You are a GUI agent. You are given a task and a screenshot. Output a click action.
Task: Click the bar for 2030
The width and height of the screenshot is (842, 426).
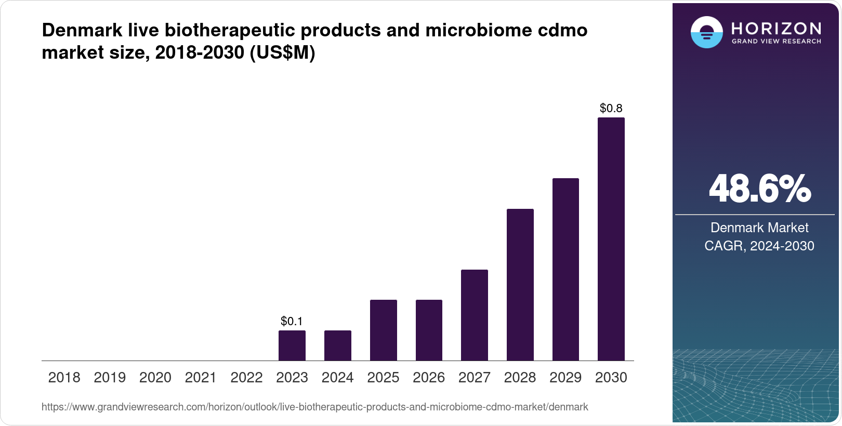(611, 239)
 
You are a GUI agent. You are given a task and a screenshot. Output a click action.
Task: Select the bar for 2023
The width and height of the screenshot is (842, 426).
(292, 345)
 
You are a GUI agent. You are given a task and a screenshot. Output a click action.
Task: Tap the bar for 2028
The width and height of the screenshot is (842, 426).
(520, 285)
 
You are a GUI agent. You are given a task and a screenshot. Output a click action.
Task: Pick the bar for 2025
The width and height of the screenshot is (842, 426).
(383, 330)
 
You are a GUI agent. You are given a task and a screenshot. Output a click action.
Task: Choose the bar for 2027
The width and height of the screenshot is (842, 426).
(474, 315)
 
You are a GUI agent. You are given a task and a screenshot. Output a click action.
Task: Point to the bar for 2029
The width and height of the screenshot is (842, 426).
(565, 269)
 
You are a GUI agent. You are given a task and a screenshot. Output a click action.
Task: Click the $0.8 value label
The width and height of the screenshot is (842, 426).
(611, 108)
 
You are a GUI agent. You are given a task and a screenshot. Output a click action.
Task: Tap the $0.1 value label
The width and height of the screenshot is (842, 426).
(292, 321)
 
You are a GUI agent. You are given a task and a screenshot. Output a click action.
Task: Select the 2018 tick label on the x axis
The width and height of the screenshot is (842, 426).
(64, 378)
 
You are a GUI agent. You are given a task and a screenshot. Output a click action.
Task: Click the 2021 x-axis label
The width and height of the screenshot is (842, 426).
(201, 378)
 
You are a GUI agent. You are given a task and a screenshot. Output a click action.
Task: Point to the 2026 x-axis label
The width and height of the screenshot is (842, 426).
(428, 378)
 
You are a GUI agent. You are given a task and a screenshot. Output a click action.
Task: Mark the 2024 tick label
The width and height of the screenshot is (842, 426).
(337, 378)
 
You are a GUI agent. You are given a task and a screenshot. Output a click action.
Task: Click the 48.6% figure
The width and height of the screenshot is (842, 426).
(759, 189)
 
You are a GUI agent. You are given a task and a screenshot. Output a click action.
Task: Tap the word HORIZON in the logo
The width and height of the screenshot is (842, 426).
(776, 29)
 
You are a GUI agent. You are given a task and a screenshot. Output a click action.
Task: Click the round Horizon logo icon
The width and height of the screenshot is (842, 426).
(706, 33)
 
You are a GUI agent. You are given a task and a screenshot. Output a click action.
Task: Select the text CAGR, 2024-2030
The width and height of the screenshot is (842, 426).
(759, 246)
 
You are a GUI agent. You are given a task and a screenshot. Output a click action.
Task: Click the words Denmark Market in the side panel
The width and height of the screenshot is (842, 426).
(759, 228)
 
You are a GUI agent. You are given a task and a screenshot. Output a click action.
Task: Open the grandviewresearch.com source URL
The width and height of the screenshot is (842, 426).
(314, 407)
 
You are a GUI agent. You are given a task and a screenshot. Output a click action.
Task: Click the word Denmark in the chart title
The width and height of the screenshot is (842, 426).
(82, 30)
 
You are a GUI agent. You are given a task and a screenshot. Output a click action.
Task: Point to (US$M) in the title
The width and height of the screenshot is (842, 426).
(282, 52)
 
